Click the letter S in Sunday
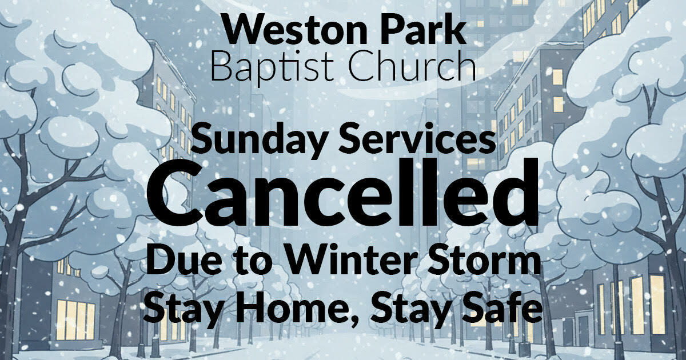202,138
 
